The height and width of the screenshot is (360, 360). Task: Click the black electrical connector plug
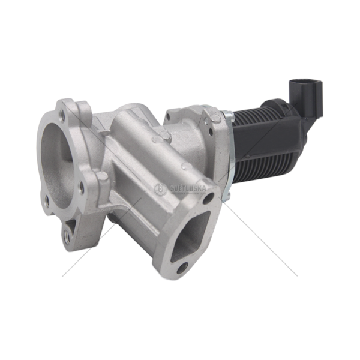(306, 97)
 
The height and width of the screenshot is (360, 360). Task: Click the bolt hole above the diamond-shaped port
(209, 198)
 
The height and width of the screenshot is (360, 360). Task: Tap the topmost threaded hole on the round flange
(62, 113)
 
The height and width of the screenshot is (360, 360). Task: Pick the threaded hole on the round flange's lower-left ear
(46, 200)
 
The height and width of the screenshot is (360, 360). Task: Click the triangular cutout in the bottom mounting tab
(71, 224)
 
